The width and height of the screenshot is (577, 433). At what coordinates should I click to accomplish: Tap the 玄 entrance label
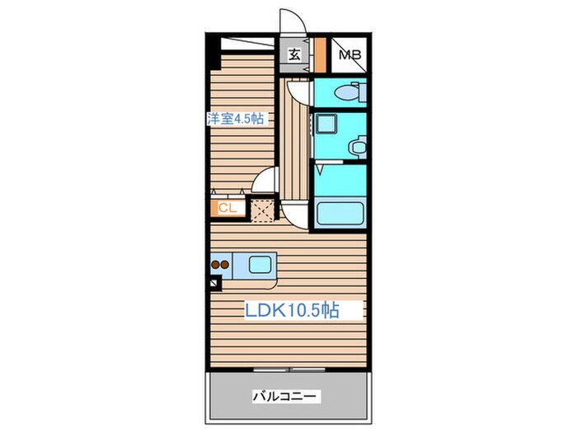coord(293,56)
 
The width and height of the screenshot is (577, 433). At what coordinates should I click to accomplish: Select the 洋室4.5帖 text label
coord(236,118)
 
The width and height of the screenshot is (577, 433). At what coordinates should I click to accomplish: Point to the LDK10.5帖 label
coord(290,310)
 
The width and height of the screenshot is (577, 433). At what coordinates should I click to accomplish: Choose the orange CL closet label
coord(228,208)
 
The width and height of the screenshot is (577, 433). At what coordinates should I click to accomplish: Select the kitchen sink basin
coord(260,266)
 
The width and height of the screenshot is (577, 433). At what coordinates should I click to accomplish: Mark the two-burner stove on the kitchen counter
coord(220,266)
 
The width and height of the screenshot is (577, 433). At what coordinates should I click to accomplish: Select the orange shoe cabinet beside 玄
coord(317,56)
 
